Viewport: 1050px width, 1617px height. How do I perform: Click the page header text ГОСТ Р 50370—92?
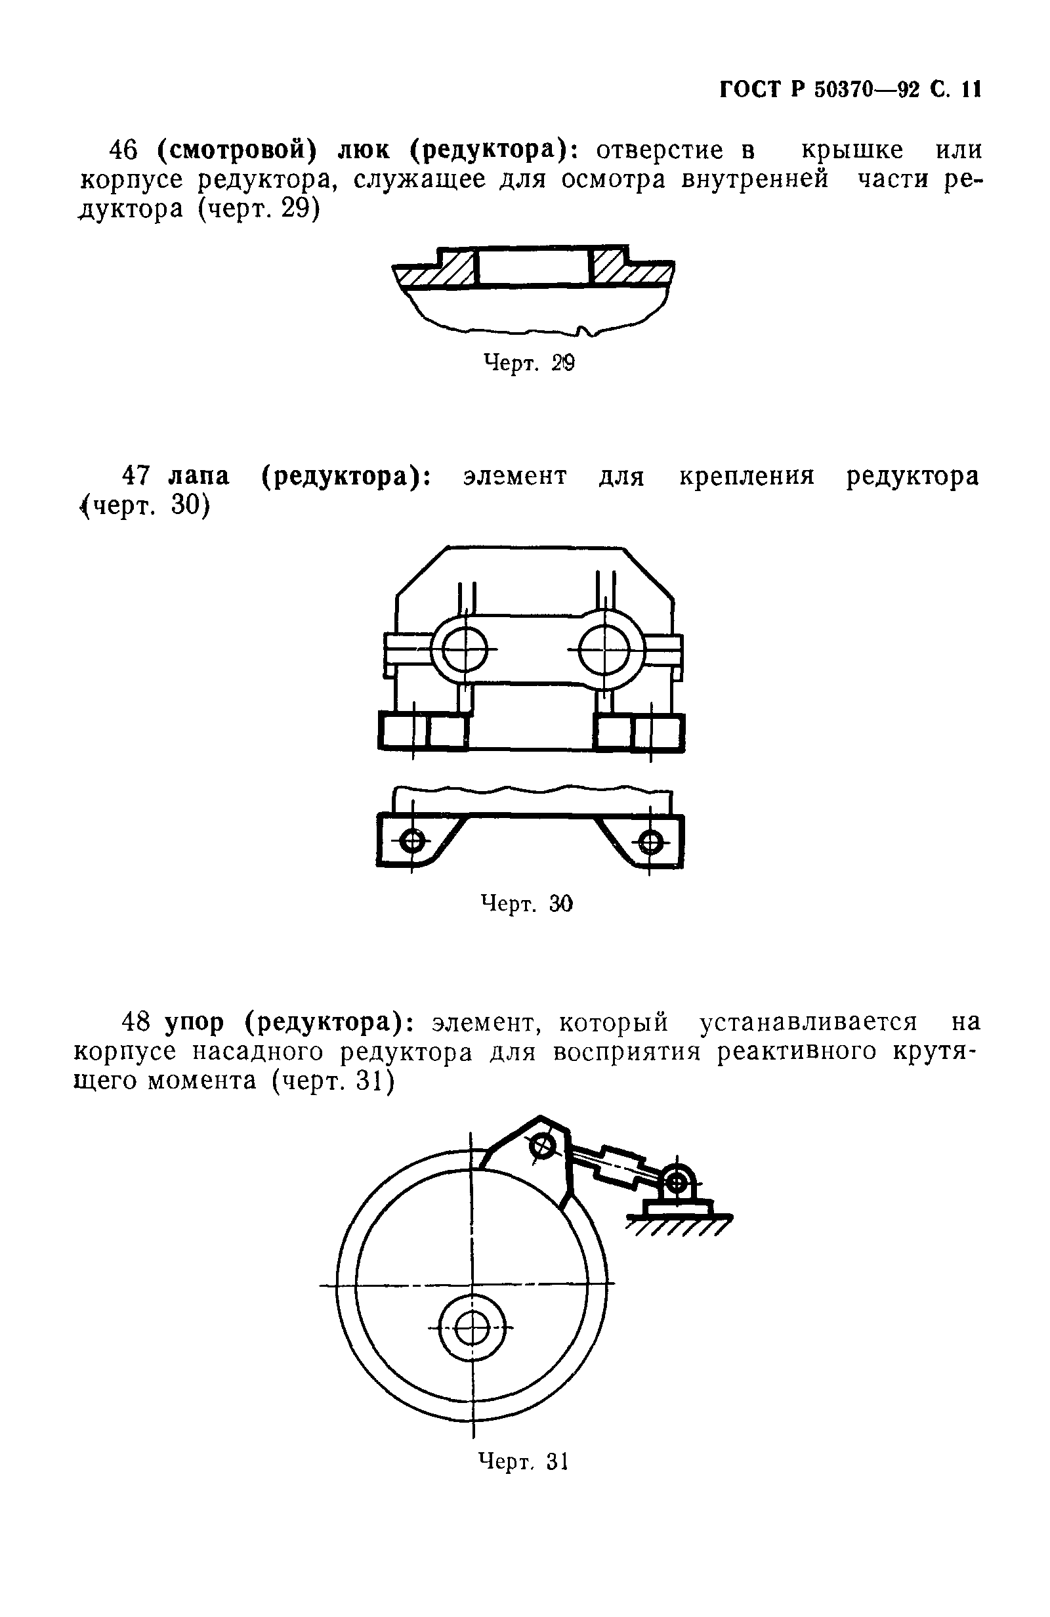click(818, 89)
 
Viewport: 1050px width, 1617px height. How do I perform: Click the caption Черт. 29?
click(528, 364)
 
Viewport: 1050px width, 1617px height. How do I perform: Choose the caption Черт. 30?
click(527, 903)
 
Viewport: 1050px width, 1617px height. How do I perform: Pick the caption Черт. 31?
click(523, 1460)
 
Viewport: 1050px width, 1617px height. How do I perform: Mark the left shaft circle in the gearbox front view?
click(465, 649)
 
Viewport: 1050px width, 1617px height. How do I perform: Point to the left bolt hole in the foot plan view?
click(411, 842)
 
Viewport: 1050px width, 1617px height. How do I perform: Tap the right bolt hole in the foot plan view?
click(650, 842)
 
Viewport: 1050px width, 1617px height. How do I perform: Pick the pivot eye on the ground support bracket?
click(676, 1183)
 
